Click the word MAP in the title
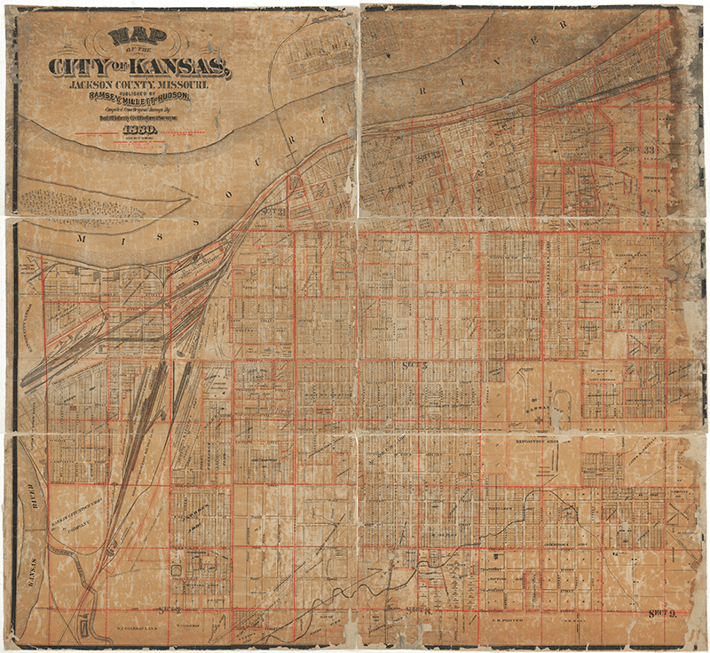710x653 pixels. click(x=130, y=36)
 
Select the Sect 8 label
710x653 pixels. click(x=415, y=609)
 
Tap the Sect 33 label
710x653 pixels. click(x=652, y=148)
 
